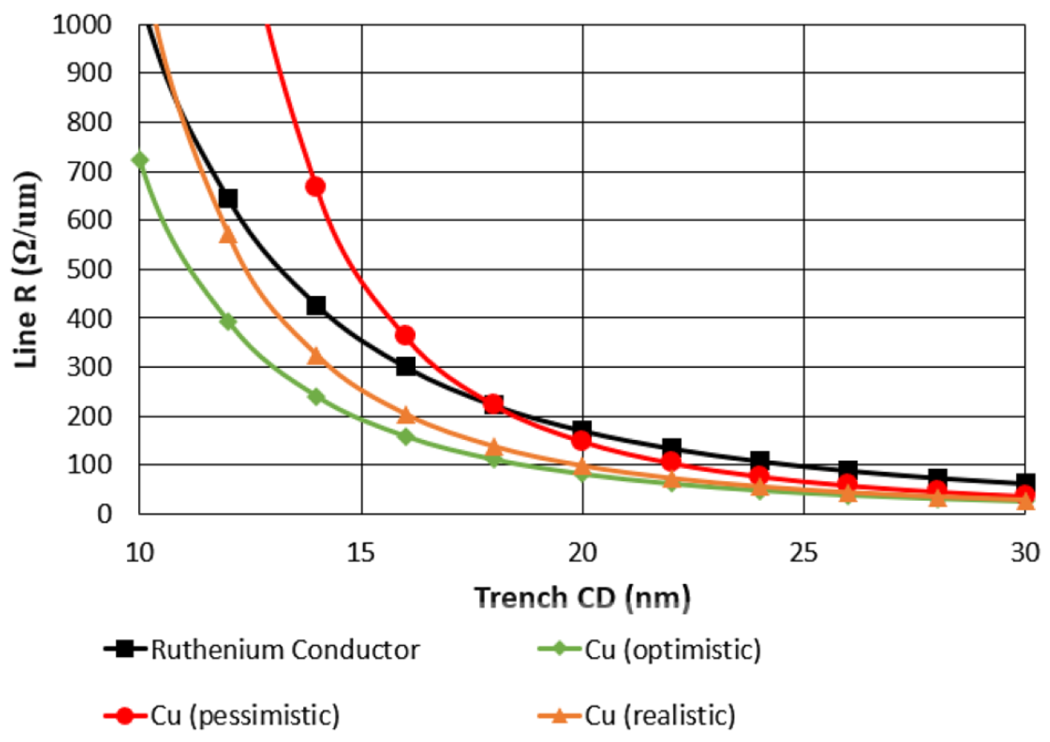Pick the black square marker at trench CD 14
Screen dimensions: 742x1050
coord(316,305)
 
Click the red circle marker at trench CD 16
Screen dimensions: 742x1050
coord(405,336)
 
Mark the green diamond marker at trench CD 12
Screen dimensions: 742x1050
coord(228,322)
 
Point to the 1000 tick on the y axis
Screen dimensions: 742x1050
coord(82,25)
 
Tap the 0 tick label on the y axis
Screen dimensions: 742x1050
coord(104,514)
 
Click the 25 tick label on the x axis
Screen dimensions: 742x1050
coord(803,553)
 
